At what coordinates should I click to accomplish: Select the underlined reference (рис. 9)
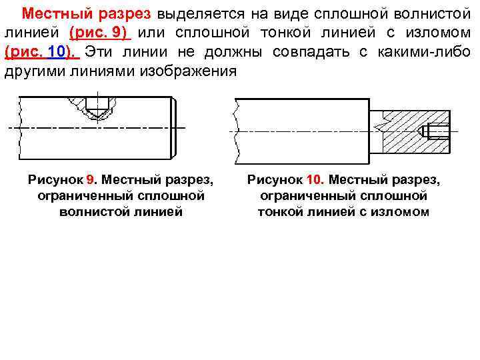pos(97,33)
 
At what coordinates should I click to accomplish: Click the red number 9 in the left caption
pos(91,181)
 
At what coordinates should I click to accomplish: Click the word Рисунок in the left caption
pos(56,181)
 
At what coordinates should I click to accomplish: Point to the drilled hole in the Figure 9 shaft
pos(97,107)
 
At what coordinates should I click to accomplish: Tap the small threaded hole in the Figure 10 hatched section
pos(440,131)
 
